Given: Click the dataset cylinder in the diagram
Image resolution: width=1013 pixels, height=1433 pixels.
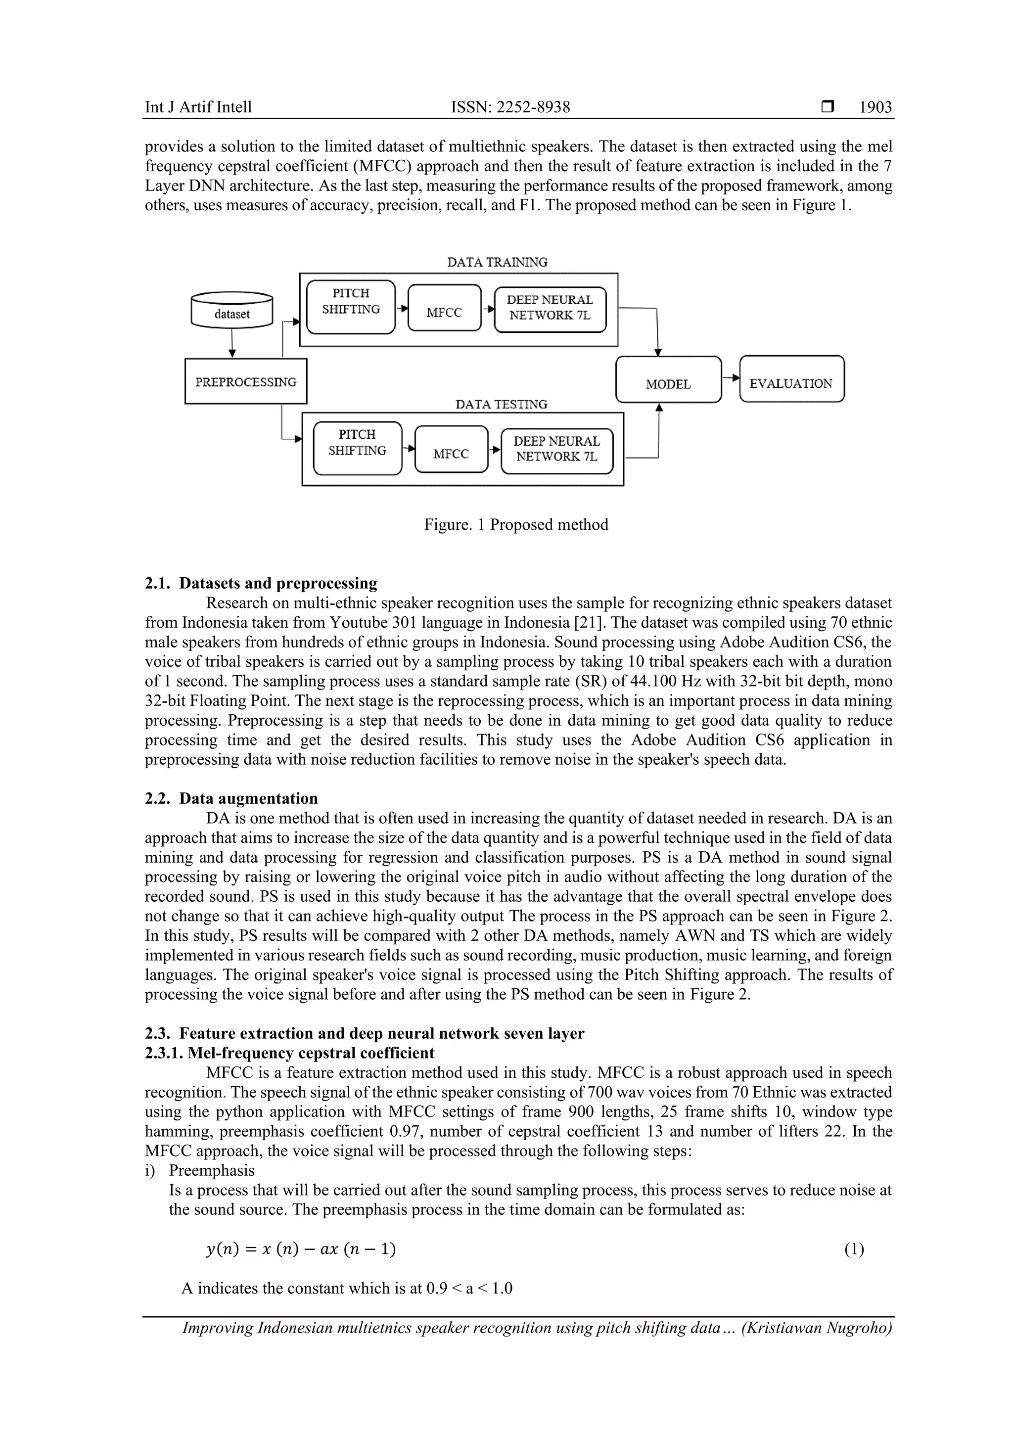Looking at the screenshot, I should coord(231,310).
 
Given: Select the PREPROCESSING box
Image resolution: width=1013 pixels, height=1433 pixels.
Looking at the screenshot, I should coord(245,381).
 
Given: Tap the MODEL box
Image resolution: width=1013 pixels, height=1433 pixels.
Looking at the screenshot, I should coord(668,380).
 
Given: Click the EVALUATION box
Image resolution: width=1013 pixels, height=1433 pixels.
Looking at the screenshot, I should coord(791,379).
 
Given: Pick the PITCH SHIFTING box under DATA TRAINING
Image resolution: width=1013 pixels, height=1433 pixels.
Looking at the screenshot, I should coord(351,307).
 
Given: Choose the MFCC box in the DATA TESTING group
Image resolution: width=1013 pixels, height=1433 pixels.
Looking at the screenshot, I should coord(451,449).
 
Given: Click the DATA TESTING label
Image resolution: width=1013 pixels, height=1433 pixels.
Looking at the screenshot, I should coord(501,405).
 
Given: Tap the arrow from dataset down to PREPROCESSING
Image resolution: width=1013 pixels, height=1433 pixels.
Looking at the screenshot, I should coord(232,343).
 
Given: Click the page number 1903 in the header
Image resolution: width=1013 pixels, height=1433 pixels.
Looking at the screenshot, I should coord(875,107).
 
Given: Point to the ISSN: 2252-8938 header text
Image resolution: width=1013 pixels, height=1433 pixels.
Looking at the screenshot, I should coord(510,107).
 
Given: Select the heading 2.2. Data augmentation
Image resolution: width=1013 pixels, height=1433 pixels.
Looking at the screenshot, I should coord(231,798).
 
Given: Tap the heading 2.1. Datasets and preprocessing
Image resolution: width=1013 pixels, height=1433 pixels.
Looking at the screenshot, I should coord(261,583).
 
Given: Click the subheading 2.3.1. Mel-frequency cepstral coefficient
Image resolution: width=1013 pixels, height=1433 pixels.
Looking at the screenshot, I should coord(290,1053).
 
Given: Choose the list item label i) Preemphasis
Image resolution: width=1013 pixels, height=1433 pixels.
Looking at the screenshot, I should coord(200,1170).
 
